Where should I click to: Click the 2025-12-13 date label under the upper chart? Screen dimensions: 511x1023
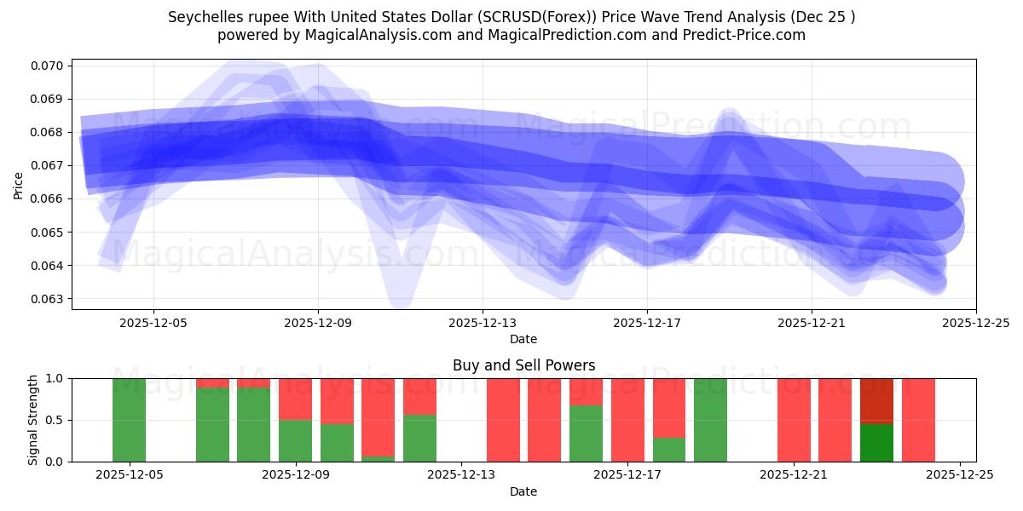[483, 323]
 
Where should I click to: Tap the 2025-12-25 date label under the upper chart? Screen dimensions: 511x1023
[975, 323]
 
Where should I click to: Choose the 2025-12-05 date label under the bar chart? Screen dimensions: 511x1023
[130, 475]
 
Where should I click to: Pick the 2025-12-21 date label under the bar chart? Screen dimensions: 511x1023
[794, 475]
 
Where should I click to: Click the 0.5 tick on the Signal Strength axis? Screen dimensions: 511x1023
[56, 420]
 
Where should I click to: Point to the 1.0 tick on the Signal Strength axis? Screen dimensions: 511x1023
[56, 378]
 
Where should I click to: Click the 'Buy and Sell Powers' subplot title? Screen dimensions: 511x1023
[523, 365]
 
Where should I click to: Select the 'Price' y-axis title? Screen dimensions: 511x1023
[19, 185]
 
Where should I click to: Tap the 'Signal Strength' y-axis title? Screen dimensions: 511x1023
[33, 420]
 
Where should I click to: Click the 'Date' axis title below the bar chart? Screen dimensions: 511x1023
[523, 491]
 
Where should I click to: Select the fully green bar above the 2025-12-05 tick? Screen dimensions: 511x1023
[130, 420]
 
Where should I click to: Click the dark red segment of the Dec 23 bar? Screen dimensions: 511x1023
[876, 400]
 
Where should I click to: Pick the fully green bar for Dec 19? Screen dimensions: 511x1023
[710, 420]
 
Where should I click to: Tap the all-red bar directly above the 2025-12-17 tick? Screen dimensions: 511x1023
[627, 420]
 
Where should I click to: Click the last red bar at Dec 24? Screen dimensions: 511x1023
[918, 420]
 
